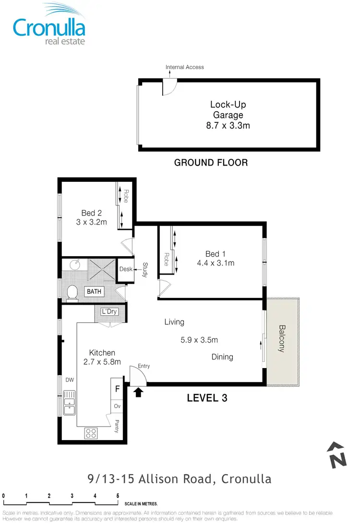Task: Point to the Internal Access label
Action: coord(185,67)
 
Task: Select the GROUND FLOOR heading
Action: coord(211,163)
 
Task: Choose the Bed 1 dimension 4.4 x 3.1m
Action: coord(216,263)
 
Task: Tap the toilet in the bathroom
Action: coord(72,293)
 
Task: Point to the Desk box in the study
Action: coord(126,269)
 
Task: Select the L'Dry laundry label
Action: coord(109,312)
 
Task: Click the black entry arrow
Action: coord(139,393)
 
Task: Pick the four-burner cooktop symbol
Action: coord(91,433)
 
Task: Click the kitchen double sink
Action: coord(70,403)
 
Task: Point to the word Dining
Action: coord(222,357)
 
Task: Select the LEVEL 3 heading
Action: coord(206,398)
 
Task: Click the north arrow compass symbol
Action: coord(337,454)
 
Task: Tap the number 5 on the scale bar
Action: coord(118,496)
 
